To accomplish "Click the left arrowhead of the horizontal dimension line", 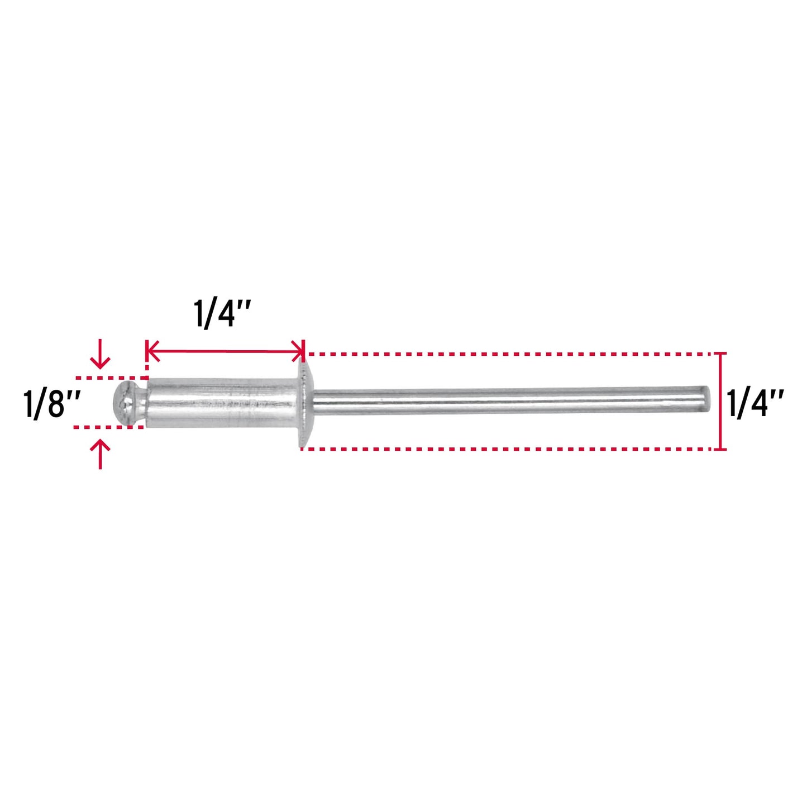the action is tap(152, 351).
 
